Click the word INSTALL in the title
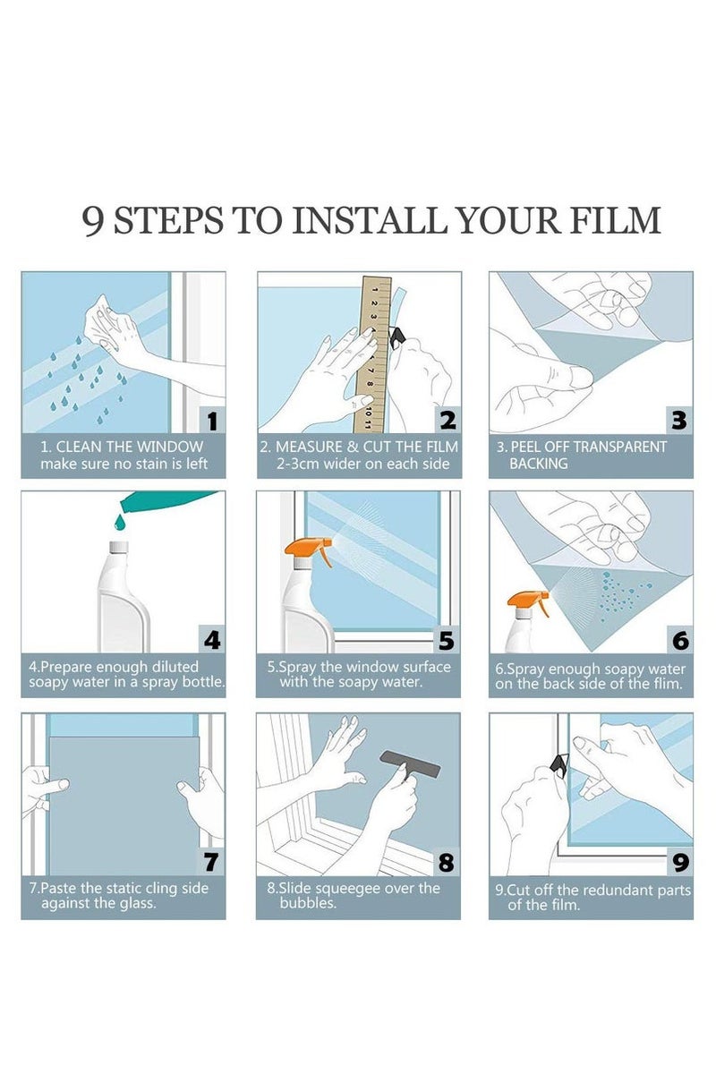pyautogui.click(x=369, y=220)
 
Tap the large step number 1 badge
pyautogui.click(x=212, y=421)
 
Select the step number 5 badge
pyautogui.click(x=447, y=640)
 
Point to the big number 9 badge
pyautogui.click(x=680, y=862)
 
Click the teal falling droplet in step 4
pyautogui.click(x=119, y=522)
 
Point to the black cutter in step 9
pyautogui.click(x=558, y=763)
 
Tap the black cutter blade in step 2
pyautogui.click(x=397, y=337)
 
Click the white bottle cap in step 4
pyautogui.click(x=119, y=547)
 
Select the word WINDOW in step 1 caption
pyautogui.click(x=170, y=447)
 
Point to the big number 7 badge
pyautogui.click(x=211, y=862)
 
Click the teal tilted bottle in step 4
pyautogui.click(x=166, y=499)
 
